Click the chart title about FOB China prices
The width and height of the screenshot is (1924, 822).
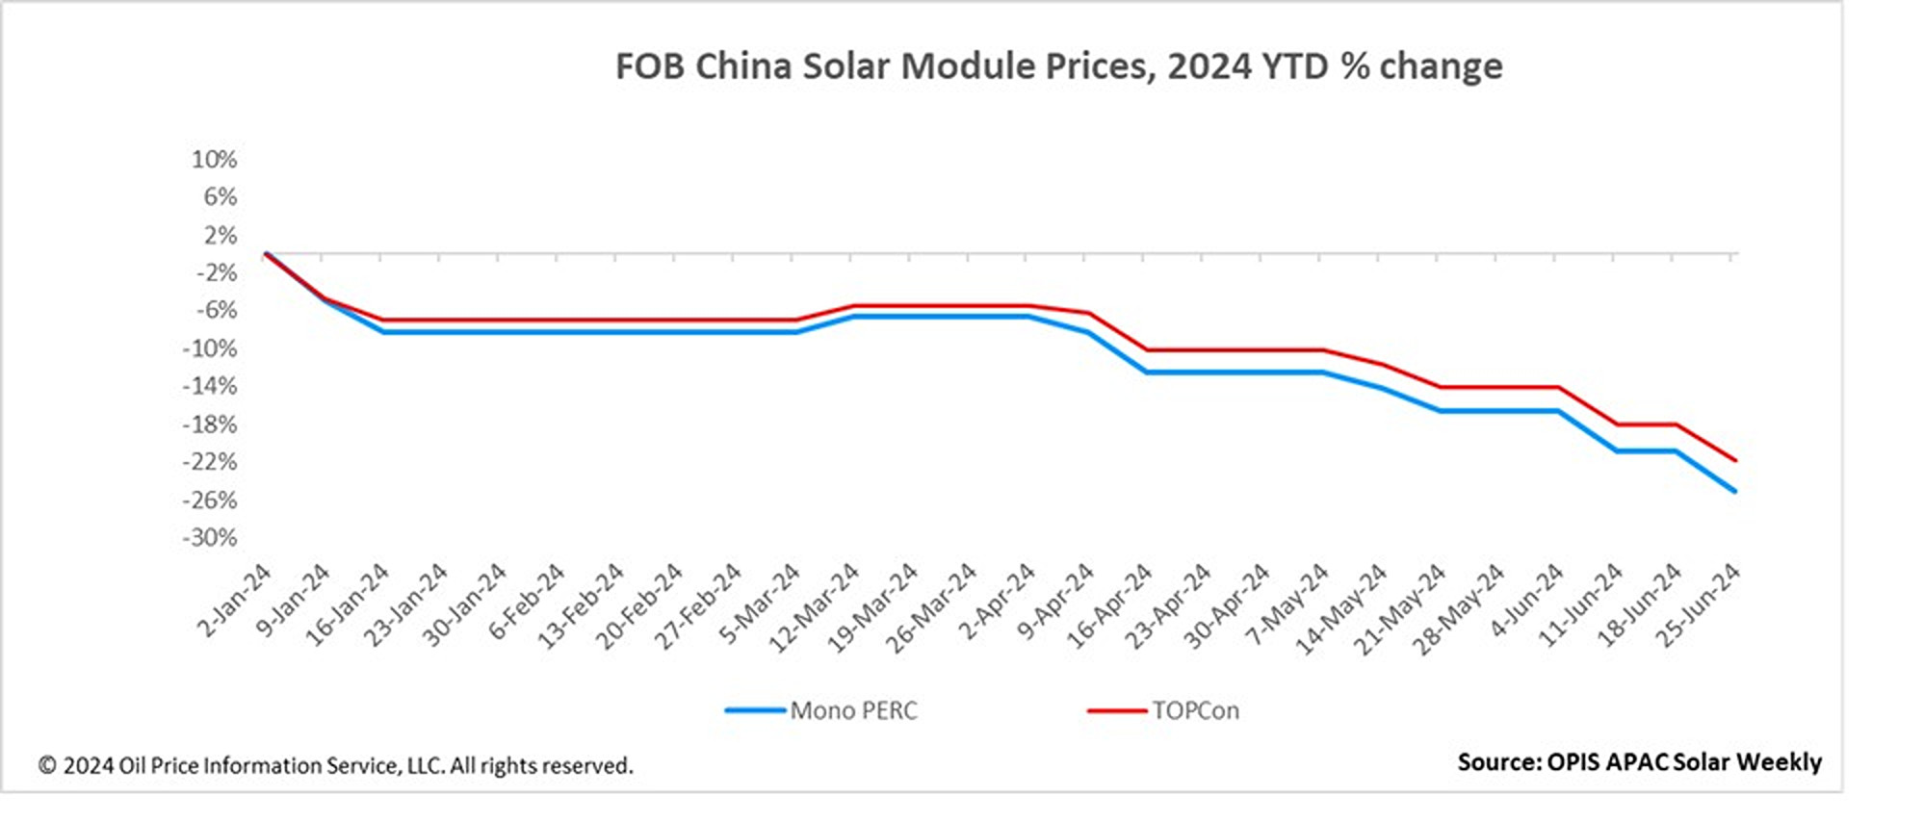click(1058, 66)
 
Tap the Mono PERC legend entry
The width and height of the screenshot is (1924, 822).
click(852, 710)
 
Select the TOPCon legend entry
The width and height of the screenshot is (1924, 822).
click(1194, 710)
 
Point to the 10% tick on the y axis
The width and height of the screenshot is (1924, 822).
click(214, 159)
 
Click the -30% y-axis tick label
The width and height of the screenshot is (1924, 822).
click(210, 537)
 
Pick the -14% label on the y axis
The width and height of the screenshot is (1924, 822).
click(210, 386)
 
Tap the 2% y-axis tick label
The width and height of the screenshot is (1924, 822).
click(220, 235)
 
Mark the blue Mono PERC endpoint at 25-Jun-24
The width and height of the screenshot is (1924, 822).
click(1734, 491)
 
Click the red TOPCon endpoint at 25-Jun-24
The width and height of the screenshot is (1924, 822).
click(1734, 460)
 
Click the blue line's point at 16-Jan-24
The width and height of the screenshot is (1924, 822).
click(381, 331)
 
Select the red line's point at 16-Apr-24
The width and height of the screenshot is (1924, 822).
click(1146, 350)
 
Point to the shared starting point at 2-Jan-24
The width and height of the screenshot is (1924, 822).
click(265, 254)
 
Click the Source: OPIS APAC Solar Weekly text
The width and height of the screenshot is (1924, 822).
click(1639, 762)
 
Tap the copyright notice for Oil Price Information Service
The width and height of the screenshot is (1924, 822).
click(336, 766)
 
